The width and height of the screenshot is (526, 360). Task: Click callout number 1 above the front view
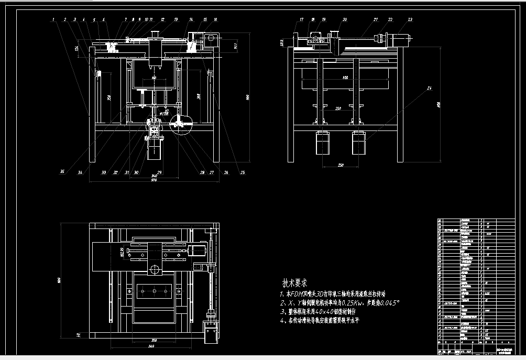(x=54, y=19)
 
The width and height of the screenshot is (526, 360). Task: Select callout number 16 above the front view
(x=215, y=19)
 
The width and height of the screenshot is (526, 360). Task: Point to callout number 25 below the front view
(x=242, y=172)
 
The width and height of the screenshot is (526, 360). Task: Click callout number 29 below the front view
(x=160, y=172)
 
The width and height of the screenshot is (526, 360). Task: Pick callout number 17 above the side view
(x=301, y=19)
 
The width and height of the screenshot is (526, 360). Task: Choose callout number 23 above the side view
(x=410, y=19)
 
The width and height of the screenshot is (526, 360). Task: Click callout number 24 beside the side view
(x=429, y=88)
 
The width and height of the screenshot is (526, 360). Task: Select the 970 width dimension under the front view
(x=154, y=180)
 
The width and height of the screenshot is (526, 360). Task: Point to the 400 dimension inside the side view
(x=345, y=78)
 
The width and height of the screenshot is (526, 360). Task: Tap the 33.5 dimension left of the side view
(x=282, y=42)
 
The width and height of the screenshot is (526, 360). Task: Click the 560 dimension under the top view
(x=150, y=347)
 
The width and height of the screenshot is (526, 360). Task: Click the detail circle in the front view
(x=182, y=123)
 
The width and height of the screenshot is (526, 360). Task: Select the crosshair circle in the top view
(x=155, y=270)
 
